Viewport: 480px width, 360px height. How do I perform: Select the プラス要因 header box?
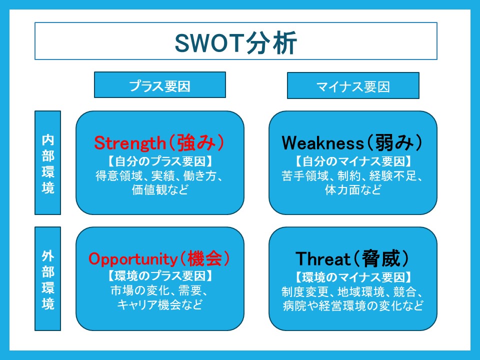(160, 85)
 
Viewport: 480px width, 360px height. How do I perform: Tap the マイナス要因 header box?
(353, 85)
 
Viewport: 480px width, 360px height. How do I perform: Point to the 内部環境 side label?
(48, 162)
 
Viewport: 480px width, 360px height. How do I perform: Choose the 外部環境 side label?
(48, 278)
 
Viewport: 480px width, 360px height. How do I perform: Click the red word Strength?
(130, 143)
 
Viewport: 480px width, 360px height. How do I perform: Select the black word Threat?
(322, 259)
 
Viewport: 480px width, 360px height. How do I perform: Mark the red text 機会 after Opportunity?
(205, 258)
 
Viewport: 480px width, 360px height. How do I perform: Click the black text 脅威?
(381, 258)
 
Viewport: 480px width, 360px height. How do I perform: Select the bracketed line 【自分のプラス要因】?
(160, 161)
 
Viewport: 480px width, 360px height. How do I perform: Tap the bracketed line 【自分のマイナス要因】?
(353, 161)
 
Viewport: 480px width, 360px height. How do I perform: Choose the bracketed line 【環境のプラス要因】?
(160, 276)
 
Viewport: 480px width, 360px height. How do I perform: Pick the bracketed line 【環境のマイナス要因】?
(353, 277)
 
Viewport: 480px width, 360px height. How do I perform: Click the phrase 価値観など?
(160, 190)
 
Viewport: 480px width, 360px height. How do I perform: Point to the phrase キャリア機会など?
(160, 304)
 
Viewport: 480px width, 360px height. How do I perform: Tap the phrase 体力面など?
(353, 190)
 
